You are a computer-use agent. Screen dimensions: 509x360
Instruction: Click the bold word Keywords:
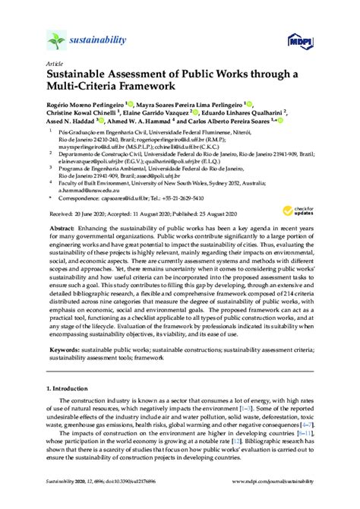click(x=64, y=373)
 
